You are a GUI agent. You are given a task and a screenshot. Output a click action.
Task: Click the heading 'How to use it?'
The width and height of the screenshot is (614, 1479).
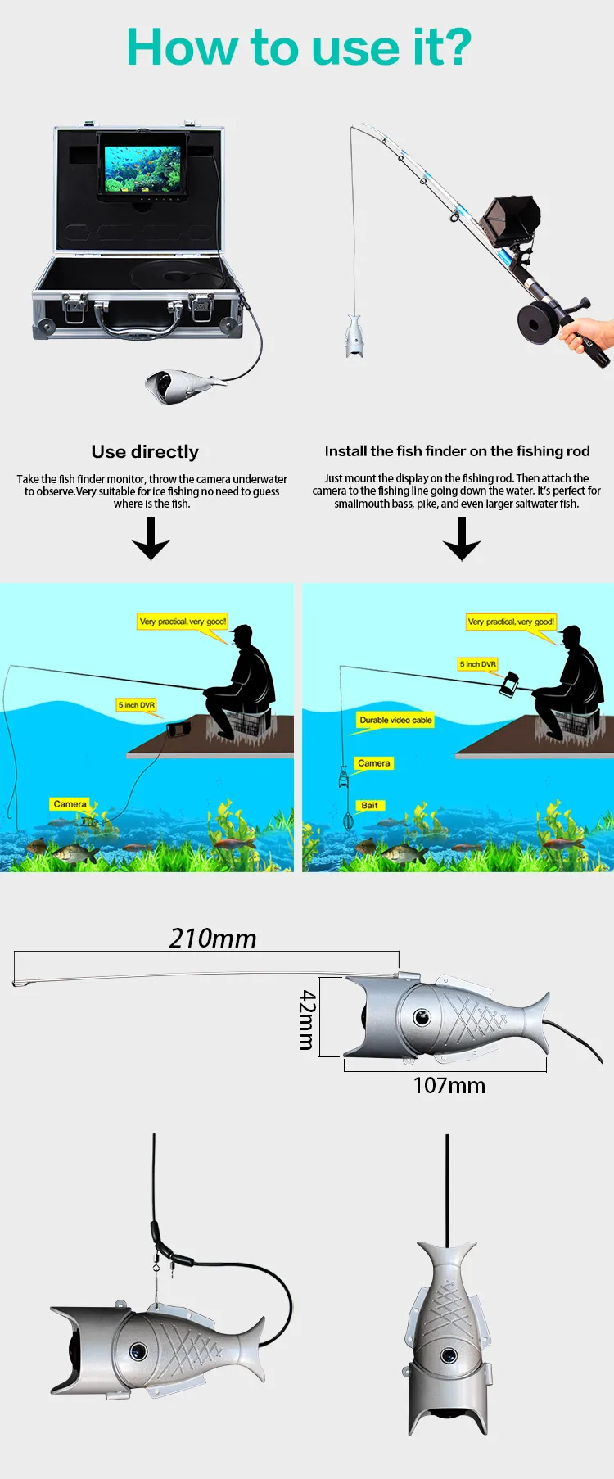coord(299,47)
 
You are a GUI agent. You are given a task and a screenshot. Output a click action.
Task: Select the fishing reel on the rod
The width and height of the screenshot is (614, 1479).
coord(535,322)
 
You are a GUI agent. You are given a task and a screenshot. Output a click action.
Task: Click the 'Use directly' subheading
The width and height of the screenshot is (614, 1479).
coord(145,452)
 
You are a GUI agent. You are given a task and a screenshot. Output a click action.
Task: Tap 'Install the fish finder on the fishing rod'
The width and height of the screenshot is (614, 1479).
coord(457,451)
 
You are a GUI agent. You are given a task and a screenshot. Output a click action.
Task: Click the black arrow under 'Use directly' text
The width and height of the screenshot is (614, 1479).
coord(151,538)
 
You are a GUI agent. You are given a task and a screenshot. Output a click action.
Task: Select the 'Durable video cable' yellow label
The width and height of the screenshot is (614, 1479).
coord(395,721)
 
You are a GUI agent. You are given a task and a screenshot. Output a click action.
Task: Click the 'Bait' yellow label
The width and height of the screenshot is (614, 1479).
coord(370,805)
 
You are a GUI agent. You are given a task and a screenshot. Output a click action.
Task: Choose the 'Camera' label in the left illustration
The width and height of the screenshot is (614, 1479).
coord(70,804)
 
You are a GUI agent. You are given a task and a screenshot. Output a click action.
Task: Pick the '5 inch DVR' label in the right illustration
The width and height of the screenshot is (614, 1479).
coord(478,664)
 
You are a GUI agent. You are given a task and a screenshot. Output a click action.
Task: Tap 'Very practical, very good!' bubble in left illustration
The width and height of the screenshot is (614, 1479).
coord(183,622)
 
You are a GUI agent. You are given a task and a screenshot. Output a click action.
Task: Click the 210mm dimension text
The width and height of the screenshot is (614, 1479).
coord(213,939)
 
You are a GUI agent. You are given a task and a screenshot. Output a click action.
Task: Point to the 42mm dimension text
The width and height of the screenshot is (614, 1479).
coord(306,1020)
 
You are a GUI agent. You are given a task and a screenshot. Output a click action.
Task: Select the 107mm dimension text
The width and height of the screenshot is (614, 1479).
coord(449,1086)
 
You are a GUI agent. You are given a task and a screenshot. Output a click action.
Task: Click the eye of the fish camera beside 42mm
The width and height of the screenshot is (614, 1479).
coord(422,1017)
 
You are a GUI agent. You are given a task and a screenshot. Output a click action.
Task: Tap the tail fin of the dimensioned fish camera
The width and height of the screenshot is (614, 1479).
coord(532,1020)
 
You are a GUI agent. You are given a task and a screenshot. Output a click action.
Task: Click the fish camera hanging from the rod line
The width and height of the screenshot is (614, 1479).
coord(354,336)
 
